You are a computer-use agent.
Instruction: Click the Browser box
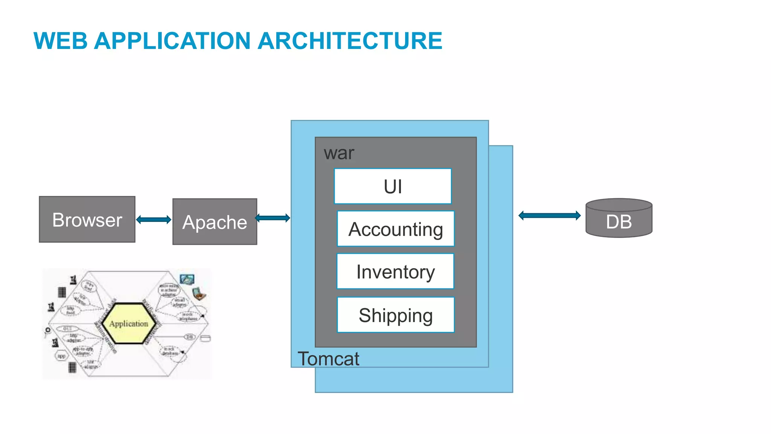[x=87, y=219]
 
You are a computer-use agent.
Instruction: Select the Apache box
[x=215, y=222]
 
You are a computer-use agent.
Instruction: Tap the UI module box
[x=393, y=186]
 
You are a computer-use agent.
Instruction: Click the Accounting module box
[x=396, y=229]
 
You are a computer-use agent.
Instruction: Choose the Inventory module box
[x=395, y=271]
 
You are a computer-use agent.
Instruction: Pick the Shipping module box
[x=396, y=315]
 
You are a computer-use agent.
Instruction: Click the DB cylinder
[x=619, y=219]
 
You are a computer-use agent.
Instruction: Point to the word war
[x=339, y=153]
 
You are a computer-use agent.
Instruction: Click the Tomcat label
[x=328, y=359]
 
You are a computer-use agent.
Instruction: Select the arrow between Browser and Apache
[x=154, y=220]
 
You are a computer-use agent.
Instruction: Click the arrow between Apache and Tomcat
[x=273, y=218]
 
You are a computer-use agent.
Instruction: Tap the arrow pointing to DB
[x=549, y=215]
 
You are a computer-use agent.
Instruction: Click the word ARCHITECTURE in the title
[x=350, y=41]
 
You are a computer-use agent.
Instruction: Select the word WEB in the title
[x=60, y=41]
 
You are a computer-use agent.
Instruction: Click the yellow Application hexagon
[x=128, y=324]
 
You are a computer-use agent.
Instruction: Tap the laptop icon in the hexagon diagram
[x=199, y=293]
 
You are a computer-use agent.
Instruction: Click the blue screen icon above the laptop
[x=187, y=279]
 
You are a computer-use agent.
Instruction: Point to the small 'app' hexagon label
[x=61, y=356]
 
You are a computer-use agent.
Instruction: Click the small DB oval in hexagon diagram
[x=189, y=336]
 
